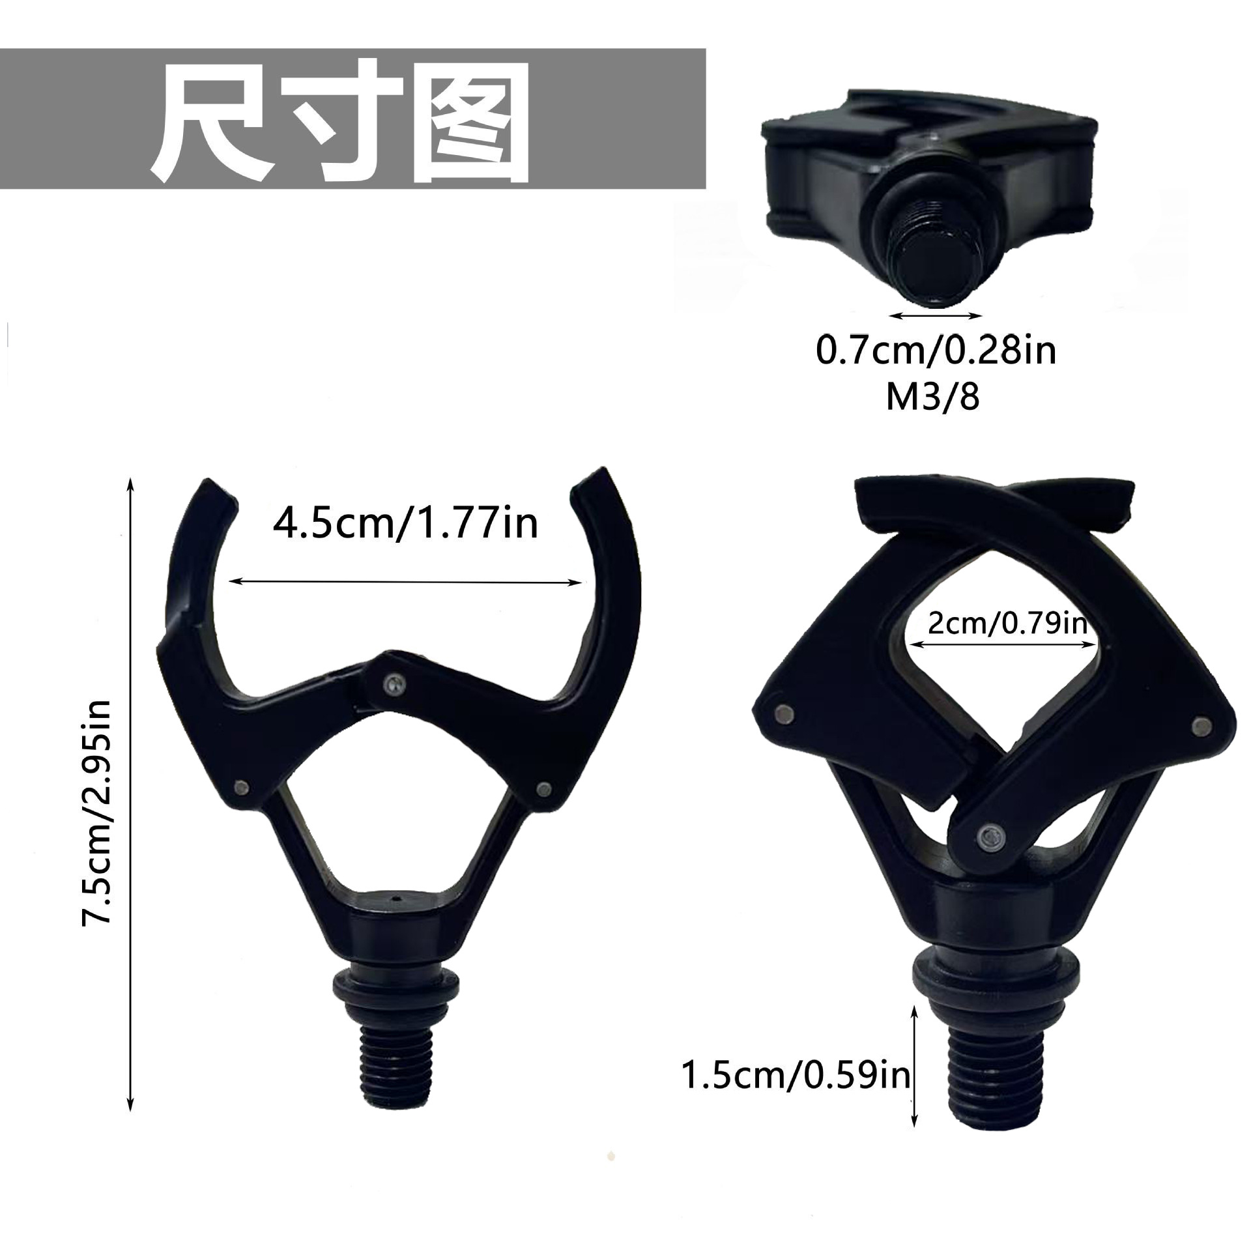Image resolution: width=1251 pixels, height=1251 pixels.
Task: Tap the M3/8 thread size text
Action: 932,397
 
